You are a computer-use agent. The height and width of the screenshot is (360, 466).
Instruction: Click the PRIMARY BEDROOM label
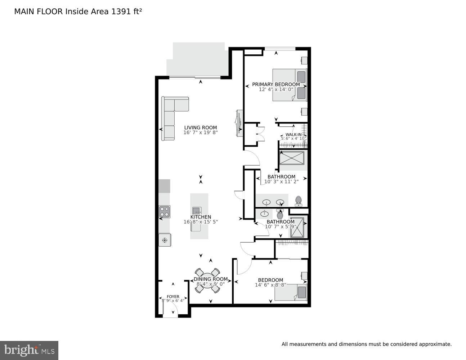(x=276, y=84)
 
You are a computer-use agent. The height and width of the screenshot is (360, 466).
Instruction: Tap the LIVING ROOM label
(x=201, y=127)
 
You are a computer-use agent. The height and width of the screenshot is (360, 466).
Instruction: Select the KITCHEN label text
(x=201, y=217)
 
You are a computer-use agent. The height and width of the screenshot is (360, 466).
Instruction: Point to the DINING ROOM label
(x=211, y=279)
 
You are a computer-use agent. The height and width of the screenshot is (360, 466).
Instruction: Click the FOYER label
(x=173, y=297)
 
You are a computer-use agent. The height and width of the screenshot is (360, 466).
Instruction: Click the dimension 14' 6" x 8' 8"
(x=270, y=285)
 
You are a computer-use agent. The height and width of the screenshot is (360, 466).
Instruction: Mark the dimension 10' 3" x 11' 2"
(x=281, y=182)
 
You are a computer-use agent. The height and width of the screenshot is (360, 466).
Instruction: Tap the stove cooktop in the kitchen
(x=165, y=210)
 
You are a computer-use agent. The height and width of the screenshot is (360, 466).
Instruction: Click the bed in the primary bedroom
(x=289, y=85)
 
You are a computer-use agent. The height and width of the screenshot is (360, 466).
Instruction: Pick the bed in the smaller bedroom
(x=291, y=292)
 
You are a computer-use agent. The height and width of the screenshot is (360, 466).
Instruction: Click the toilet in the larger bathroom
(x=298, y=201)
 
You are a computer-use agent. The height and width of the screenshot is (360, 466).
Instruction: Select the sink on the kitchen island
(x=197, y=210)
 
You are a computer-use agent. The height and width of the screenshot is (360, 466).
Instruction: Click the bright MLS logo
(x=29, y=350)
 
